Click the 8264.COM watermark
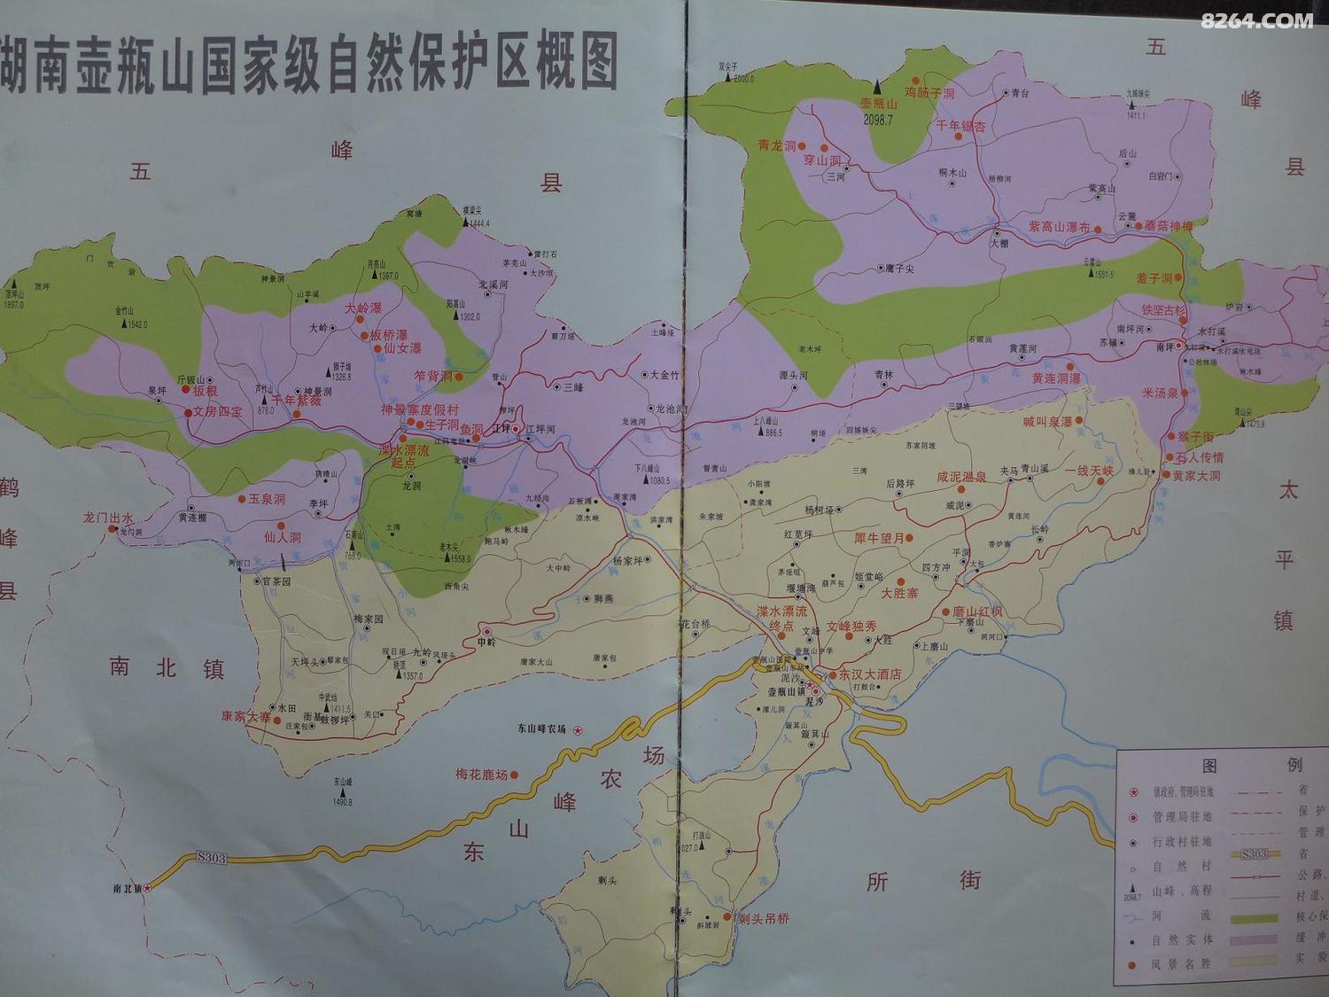(1256, 19)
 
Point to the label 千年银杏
(961, 127)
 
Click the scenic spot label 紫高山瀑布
(1059, 227)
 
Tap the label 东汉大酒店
(869, 674)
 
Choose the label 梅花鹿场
(482, 774)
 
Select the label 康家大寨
(245, 715)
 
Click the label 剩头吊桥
(763, 918)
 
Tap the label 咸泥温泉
(961, 477)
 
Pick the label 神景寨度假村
(419, 409)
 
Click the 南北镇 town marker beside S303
(148, 887)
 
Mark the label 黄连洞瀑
(1055, 378)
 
